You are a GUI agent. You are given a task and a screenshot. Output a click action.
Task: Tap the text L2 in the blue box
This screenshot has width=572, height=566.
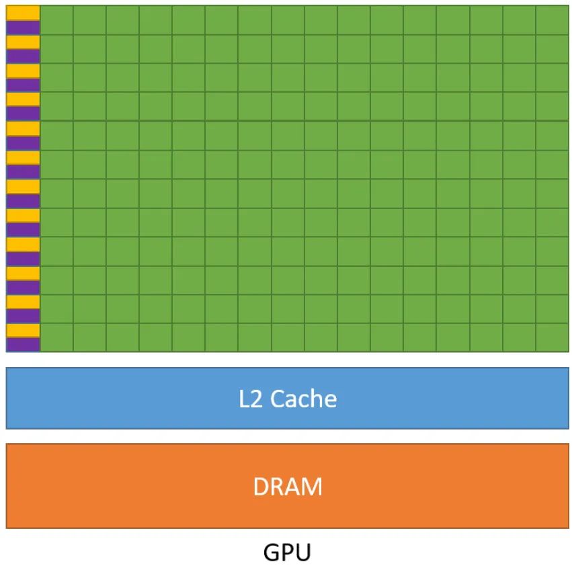(252, 399)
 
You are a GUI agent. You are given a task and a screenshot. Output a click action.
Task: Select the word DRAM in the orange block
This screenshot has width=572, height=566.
(288, 486)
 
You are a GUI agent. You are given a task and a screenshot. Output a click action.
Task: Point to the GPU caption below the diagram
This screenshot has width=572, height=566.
(287, 553)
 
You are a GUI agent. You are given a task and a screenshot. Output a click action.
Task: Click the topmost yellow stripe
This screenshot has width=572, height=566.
(23, 12)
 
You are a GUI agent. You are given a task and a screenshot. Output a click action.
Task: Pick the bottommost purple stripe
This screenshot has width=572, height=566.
(23, 344)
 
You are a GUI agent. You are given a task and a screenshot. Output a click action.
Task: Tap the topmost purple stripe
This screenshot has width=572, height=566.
(23, 27)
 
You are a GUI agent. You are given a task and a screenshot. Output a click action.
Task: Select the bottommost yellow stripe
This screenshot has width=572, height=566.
(23, 330)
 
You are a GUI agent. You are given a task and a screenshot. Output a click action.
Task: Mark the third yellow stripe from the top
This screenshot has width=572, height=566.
(23, 70)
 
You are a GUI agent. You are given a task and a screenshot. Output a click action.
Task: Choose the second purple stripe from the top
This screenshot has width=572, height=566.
(23, 56)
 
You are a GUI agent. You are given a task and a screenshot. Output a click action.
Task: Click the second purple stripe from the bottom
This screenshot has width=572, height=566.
(23, 315)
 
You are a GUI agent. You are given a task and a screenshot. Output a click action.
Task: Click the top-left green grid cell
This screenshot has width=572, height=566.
(56, 19)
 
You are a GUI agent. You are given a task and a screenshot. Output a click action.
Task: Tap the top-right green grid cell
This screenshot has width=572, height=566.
(552, 19)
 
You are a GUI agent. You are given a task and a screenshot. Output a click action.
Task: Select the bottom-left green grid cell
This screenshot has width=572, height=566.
(56, 337)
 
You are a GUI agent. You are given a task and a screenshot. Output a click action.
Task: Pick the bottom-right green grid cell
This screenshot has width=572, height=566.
(552, 337)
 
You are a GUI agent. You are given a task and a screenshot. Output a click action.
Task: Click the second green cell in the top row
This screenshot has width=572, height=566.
(89, 19)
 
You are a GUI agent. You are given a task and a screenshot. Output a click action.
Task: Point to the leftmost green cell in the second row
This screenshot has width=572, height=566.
(56, 48)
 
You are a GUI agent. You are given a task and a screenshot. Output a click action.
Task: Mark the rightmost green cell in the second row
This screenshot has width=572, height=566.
(552, 48)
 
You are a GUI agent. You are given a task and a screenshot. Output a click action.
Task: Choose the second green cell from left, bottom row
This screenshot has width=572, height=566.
(89, 337)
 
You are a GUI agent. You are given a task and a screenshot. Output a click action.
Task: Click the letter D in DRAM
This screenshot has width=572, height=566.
(261, 486)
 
